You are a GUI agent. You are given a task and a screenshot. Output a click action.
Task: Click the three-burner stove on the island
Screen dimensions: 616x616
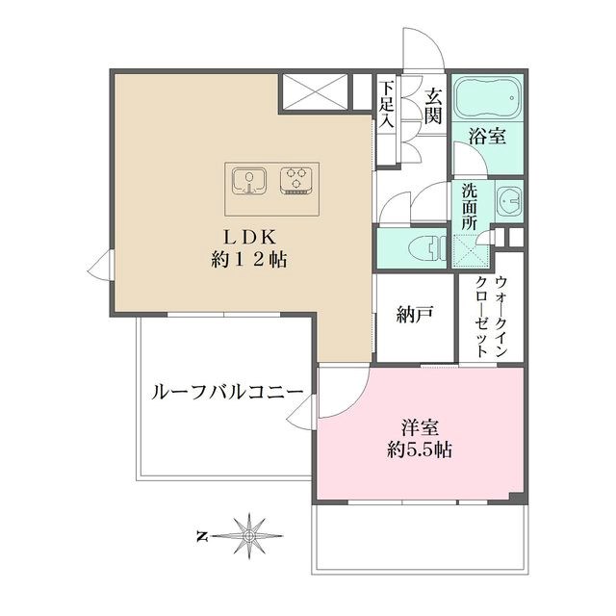click(x=298, y=180)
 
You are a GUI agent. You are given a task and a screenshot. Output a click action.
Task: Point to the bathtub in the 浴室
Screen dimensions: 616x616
click(x=487, y=100)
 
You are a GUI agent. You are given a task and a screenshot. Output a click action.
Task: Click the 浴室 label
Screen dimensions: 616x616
click(x=487, y=138)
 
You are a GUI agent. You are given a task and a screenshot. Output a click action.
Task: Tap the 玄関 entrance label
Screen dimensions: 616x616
click(x=432, y=108)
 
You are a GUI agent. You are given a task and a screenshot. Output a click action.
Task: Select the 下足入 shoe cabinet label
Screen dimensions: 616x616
click(x=387, y=105)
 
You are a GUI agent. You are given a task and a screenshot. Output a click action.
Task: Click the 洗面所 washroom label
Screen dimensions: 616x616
click(x=470, y=205)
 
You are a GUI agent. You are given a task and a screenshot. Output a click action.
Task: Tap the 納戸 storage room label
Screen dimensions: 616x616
click(x=413, y=314)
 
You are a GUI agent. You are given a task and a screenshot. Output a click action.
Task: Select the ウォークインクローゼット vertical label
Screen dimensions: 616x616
click(x=491, y=318)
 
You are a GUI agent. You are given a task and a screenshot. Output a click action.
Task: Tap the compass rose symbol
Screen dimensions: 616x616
click(x=249, y=532)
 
